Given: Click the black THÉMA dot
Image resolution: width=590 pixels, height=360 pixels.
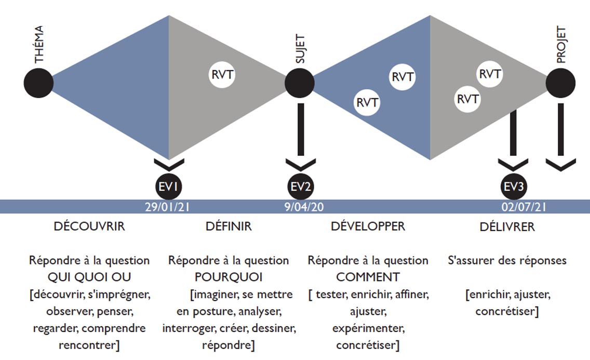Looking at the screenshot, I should click(39, 83).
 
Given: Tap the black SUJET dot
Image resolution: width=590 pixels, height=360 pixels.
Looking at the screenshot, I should click(300, 83).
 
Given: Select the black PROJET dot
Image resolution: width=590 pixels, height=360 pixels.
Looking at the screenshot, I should click(561, 83).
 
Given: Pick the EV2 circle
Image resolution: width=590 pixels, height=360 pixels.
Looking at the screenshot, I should click(300, 186).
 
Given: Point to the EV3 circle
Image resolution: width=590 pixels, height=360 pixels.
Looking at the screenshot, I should click(513, 186).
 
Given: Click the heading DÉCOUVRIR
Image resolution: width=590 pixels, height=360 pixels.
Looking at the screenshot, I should click(89, 227).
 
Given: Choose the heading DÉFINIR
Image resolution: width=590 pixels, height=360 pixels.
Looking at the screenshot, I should click(229, 227).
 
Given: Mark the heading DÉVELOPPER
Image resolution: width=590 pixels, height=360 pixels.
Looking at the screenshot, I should click(368, 227).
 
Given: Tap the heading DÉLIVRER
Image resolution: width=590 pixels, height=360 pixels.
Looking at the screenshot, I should click(507, 228).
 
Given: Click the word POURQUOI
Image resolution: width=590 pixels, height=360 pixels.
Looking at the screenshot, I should click(229, 277).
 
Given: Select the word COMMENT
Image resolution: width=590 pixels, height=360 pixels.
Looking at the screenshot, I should click(368, 277).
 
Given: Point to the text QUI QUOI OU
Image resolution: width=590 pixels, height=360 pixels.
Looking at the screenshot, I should click(89, 277).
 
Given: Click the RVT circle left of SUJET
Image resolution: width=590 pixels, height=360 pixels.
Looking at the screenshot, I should click(223, 74).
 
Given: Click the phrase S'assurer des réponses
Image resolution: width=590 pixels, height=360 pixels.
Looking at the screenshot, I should click(507, 260).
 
